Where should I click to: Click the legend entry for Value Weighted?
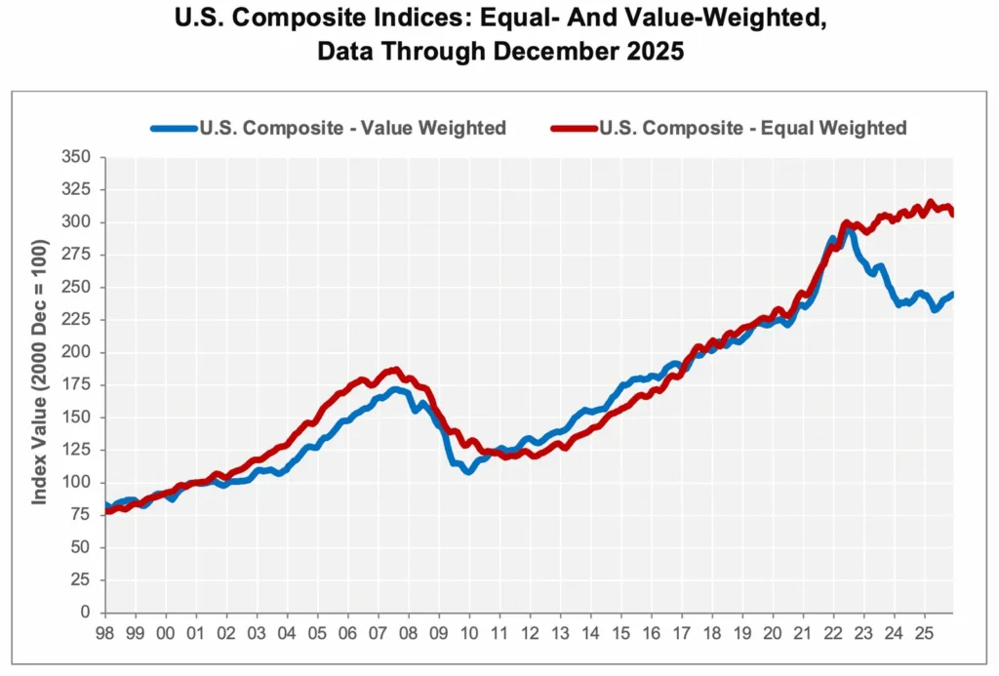click(352, 128)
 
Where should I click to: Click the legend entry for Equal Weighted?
click(752, 128)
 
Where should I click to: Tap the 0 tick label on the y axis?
click(86, 613)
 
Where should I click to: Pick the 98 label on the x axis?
click(104, 631)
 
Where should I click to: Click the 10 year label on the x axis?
click(468, 631)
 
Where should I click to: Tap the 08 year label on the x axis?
click(408, 631)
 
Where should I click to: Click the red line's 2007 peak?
click(394, 370)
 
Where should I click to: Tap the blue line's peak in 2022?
click(850, 231)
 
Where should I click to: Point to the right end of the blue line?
click(952, 294)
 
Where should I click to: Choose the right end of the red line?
click(952, 214)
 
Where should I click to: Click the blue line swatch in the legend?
click(173, 128)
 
